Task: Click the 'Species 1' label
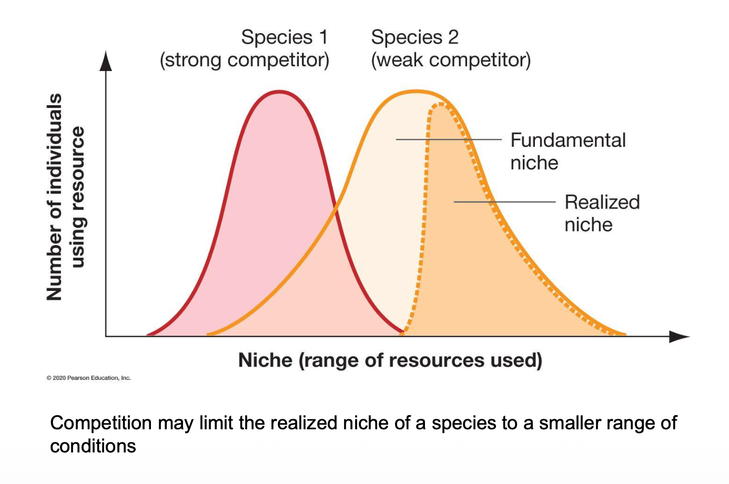284,37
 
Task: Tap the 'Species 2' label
414,37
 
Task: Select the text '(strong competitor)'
245,60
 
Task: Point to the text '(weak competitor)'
451,60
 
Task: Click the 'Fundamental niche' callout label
568,152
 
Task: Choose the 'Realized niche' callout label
602,213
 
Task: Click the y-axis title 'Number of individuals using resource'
65,197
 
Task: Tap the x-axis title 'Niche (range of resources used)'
390,360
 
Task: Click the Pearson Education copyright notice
88,378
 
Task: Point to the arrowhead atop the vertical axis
106,60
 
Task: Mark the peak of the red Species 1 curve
279,92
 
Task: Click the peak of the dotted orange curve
440,104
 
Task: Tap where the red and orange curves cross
336,211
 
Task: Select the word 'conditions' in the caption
93,446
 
